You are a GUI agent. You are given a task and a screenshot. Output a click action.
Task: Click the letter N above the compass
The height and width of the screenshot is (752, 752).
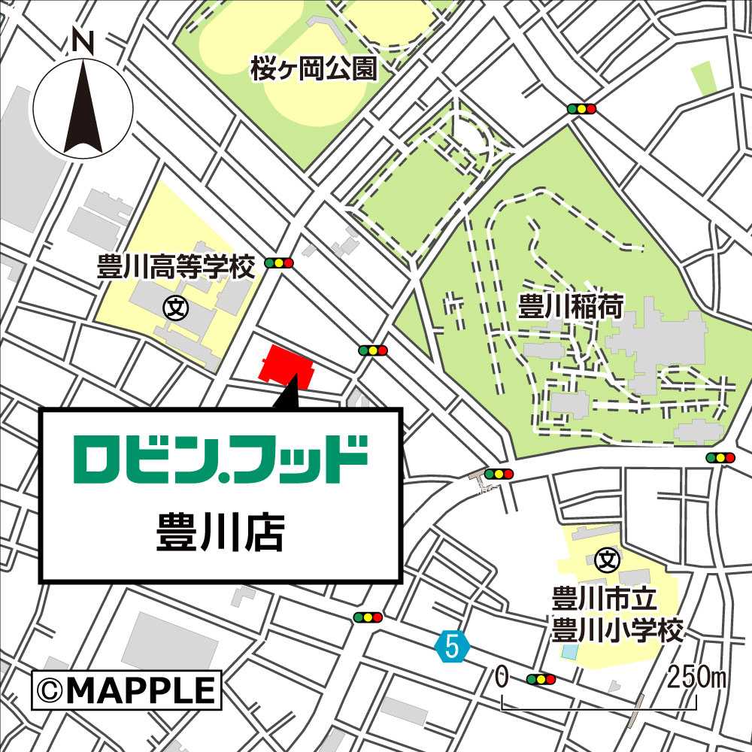click(x=83, y=42)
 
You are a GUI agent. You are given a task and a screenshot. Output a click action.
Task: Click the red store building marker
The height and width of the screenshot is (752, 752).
click(x=286, y=365)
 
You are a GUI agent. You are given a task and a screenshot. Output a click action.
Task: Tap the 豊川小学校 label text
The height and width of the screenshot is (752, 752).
click(x=618, y=630)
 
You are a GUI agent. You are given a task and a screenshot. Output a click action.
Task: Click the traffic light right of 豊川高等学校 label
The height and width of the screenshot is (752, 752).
click(x=279, y=263)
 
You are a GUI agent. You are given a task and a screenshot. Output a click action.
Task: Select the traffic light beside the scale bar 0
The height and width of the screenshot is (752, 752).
click(x=541, y=680)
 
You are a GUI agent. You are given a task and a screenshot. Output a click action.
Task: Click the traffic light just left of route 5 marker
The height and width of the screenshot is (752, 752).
click(x=368, y=617)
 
